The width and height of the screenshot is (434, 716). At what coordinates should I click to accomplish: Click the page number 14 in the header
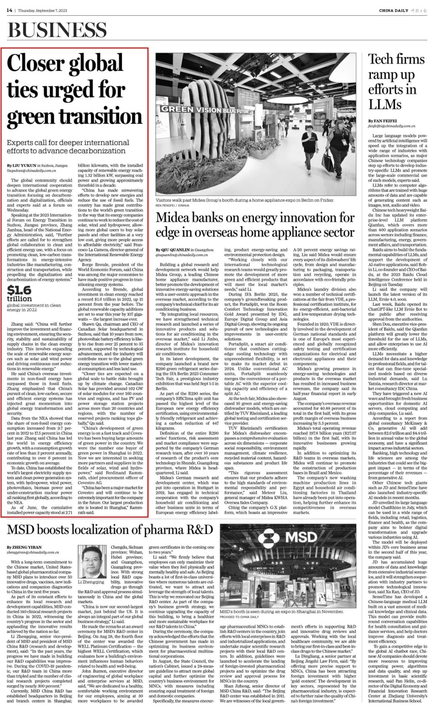click(9, 10)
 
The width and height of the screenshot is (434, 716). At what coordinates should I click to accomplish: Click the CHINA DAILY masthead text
click(393, 10)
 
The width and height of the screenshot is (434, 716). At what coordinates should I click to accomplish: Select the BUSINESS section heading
click(57, 30)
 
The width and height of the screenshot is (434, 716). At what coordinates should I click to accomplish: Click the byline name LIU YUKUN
click(24, 166)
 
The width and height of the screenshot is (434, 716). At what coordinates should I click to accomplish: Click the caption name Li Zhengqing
click(91, 581)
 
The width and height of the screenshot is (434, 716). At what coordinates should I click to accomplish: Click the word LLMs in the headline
click(385, 104)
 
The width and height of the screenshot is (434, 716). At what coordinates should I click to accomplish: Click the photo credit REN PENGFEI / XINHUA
click(172, 205)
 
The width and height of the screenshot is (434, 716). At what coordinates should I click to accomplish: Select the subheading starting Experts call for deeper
click(68, 147)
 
